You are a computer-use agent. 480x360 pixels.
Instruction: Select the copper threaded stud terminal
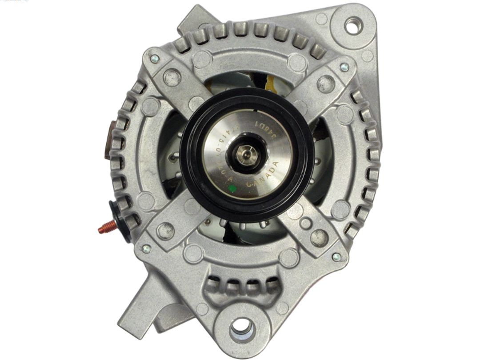(106, 228)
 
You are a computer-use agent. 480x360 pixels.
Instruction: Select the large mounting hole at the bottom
(242, 328)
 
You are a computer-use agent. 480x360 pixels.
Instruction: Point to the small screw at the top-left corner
(154, 58)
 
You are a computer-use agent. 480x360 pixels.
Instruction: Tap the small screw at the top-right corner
(344, 67)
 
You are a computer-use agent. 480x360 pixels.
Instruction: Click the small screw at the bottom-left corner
(146, 249)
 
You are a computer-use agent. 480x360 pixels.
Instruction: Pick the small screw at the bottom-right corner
(336, 257)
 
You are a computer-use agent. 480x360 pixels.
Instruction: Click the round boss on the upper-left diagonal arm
(172, 78)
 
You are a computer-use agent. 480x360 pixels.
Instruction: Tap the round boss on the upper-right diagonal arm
(325, 84)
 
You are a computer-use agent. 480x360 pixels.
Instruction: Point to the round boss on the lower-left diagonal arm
(165, 231)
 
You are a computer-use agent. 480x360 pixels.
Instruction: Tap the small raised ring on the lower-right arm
(306, 223)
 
